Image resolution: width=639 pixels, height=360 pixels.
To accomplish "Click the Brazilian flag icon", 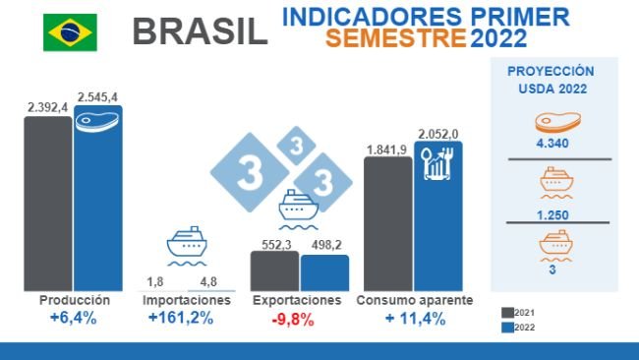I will tap(70, 31).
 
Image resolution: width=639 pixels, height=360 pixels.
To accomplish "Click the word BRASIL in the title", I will tap(200, 31).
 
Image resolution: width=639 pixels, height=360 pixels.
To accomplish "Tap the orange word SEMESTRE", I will tap(396, 39).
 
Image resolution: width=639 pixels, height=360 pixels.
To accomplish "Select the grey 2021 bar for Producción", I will tap(47, 203).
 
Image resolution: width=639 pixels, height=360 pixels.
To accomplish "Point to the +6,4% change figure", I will tap(73, 319).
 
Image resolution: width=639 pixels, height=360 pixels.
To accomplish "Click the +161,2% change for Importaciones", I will tap(180, 319).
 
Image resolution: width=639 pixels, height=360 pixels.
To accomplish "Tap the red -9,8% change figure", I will tap(296, 319).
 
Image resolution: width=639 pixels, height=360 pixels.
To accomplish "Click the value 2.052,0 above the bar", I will tap(437, 133).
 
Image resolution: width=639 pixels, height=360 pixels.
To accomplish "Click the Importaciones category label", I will tap(181, 300).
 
